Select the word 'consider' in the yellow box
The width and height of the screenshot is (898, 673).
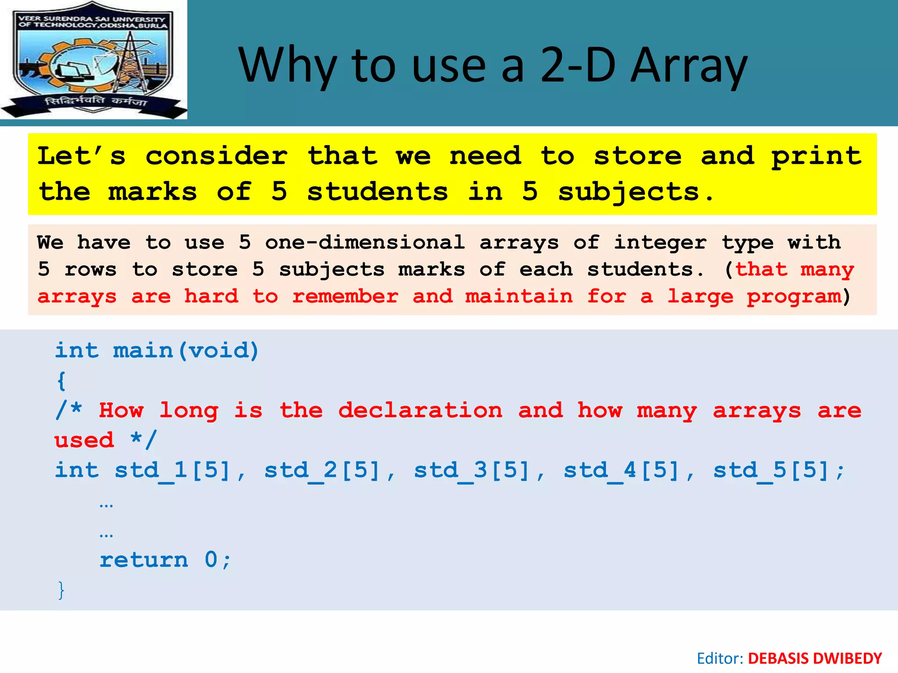point(216,156)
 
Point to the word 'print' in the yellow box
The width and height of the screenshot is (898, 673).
point(816,156)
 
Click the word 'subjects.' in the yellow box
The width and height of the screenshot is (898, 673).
point(636,192)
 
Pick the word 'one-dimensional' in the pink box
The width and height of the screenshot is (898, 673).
point(364,242)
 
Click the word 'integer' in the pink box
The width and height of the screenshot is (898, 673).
point(660,242)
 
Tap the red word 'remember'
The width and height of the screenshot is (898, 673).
point(346,297)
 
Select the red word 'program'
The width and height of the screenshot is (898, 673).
point(794,297)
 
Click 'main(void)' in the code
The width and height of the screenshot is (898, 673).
point(186,351)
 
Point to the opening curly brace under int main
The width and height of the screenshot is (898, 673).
point(61,381)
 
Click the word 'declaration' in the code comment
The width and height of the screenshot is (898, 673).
point(420,411)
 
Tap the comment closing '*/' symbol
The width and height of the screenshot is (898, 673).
point(143,439)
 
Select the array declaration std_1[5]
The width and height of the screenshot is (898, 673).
point(172,471)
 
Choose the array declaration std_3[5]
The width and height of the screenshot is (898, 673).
point(472,471)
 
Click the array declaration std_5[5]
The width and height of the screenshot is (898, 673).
point(771,471)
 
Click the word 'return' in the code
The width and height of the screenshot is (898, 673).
point(144,560)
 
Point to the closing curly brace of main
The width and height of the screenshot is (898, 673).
point(61,590)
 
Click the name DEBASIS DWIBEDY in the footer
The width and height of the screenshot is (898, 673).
point(814,659)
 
